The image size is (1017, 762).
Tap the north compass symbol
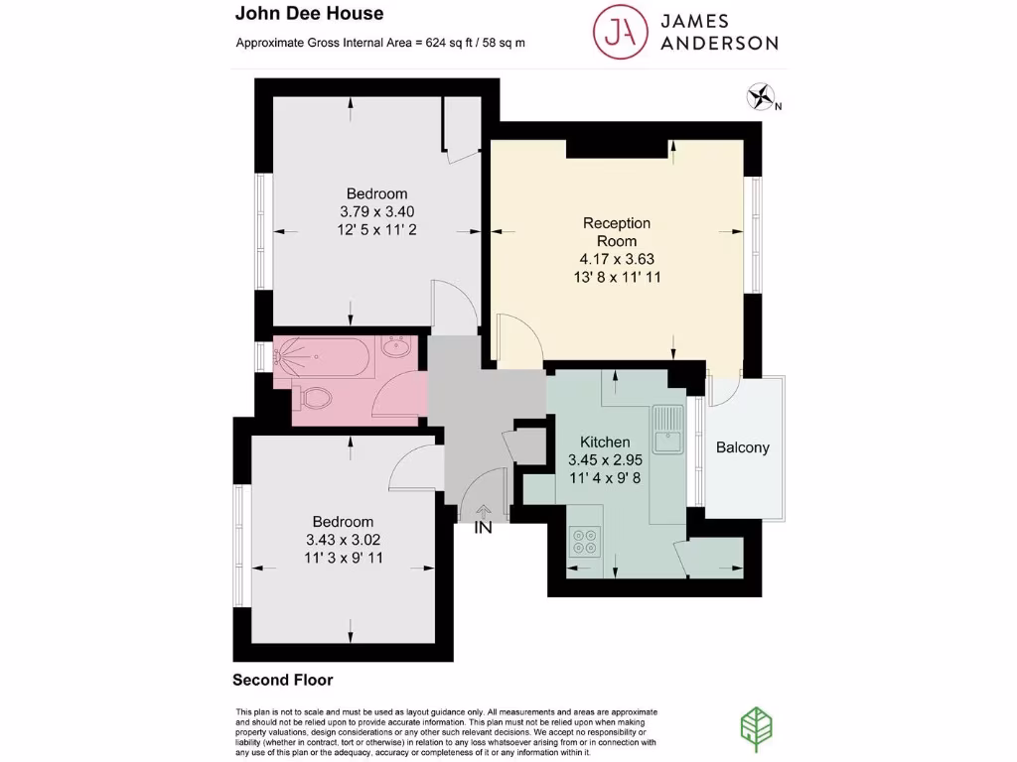(x=762, y=97)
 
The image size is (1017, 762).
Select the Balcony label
(x=743, y=447)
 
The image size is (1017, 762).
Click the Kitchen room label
(x=605, y=442)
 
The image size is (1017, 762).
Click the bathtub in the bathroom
(x=326, y=356)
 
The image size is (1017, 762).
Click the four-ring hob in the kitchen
(x=584, y=541)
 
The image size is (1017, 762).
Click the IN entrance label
(x=484, y=529)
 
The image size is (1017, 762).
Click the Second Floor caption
(x=282, y=680)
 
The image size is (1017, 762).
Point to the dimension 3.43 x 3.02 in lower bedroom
(x=343, y=540)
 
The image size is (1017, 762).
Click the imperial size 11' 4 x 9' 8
(x=605, y=477)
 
